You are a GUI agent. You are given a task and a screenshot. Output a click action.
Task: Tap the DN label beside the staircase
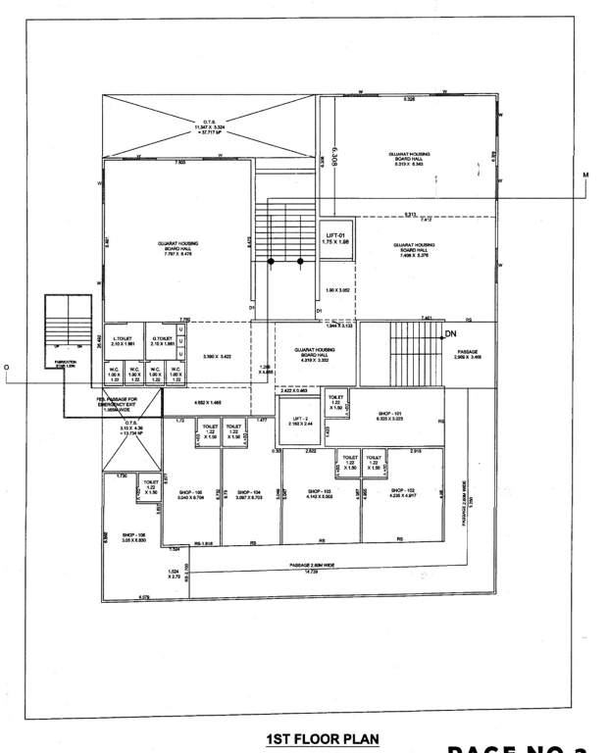tap(451, 334)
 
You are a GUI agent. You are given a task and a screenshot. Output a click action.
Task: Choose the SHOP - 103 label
tap(321, 491)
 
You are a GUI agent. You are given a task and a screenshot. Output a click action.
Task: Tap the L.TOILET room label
tap(123, 340)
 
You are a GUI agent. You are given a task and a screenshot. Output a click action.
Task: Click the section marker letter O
tap(7, 370)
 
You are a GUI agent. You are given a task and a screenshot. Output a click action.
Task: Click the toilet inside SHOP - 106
tap(150, 486)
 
